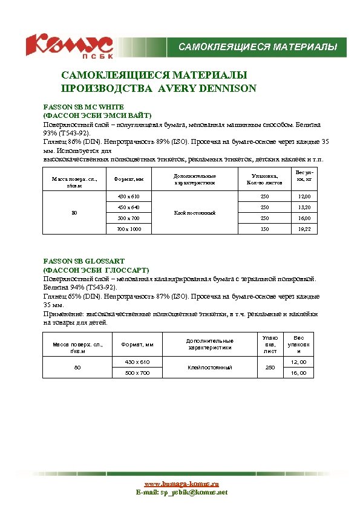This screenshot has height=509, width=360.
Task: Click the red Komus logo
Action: click(68, 44)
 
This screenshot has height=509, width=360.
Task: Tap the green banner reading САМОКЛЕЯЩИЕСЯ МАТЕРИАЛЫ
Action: click(257, 47)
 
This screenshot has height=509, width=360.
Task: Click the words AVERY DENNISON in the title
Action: click(207, 88)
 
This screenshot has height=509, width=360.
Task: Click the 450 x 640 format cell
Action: click(128, 207)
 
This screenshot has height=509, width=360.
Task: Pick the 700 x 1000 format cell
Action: click(128, 230)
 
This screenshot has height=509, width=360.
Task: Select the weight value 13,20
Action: click(304, 207)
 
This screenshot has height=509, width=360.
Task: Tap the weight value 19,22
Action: click(304, 230)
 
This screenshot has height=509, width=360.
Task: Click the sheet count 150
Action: click(264, 230)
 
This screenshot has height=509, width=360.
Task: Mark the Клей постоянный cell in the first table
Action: click(195, 213)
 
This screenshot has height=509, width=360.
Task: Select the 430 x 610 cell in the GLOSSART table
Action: click(137, 361)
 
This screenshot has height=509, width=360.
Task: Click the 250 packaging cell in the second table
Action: click(270, 367)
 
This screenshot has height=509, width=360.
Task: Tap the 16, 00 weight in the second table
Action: click(299, 373)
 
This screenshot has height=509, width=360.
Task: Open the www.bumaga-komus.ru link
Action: click(181, 484)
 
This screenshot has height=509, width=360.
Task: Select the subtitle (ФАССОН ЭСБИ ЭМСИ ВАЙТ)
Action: click(96, 115)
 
